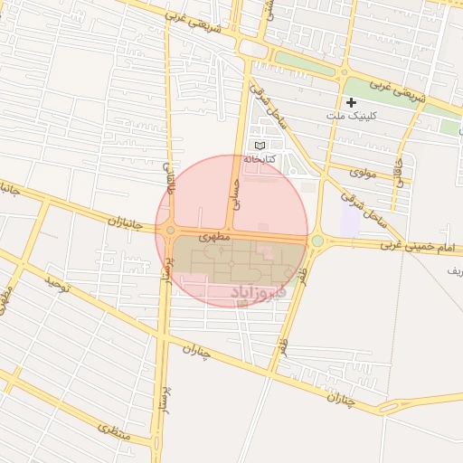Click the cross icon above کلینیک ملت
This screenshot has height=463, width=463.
coord(351,102)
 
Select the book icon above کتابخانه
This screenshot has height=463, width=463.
coord(260,146)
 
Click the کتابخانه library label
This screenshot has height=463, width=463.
coord(259,159)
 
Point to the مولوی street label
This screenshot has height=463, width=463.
coord(363,171)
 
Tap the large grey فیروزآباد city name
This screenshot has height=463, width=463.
coord(259,292)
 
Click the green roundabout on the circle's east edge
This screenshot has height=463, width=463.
coord(317,241)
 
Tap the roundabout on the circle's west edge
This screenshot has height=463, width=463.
coord(170,231)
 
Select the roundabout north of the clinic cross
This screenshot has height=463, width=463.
coord(344,72)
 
